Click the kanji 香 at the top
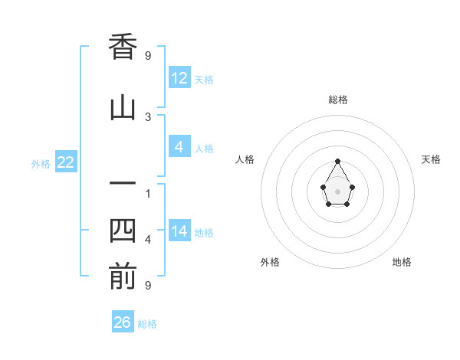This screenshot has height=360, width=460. click(x=123, y=47)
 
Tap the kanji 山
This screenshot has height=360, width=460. click(x=123, y=108)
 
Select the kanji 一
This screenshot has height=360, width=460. click(x=123, y=184)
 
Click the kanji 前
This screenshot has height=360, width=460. click(x=123, y=277)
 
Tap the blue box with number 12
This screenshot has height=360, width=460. click(x=179, y=77)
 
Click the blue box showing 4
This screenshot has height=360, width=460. click(x=179, y=147)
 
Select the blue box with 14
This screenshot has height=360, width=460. click(x=179, y=231)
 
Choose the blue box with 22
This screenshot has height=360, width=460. click(x=65, y=162)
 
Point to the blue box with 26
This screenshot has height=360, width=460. click(x=123, y=322)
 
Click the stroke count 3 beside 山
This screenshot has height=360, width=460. click(x=148, y=116)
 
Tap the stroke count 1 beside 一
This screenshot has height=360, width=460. click(x=148, y=193)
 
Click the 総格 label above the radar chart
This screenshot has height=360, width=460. click(x=338, y=100)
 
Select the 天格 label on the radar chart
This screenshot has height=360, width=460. click(x=431, y=159)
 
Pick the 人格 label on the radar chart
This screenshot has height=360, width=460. click(x=245, y=159)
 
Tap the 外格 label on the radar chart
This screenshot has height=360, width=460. click(x=270, y=262)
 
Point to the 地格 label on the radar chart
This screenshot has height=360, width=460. click(x=402, y=262)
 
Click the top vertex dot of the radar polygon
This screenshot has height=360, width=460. click(x=338, y=161)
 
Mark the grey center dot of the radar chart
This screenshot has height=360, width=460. click(x=338, y=191)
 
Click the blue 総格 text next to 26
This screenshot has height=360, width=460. click(x=147, y=324)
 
